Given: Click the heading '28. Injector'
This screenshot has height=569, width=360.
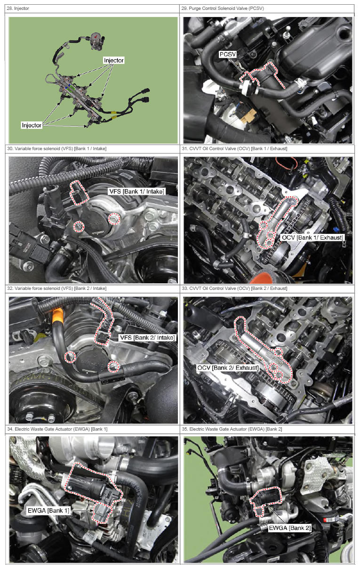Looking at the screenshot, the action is pyautogui.click(x=18, y=8).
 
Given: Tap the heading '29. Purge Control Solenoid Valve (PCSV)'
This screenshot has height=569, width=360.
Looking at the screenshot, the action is pyautogui.click(x=223, y=8).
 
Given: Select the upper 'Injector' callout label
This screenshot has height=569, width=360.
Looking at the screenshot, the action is pyautogui.click(x=113, y=60).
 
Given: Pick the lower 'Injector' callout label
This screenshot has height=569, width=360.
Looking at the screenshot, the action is pyautogui.click(x=32, y=125).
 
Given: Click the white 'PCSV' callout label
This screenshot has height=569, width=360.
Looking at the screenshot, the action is pyautogui.click(x=228, y=55).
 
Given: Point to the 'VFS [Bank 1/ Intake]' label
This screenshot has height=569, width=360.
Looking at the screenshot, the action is pyautogui.click(x=136, y=191).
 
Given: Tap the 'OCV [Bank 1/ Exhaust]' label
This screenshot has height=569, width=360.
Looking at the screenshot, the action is pyautogui.click(x=312, y=238).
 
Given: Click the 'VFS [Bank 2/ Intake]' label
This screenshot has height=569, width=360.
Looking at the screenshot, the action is pyautogui.click(x=147, y=337).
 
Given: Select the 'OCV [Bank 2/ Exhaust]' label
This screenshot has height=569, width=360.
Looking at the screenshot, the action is pyautogui.click(x=228, y=368).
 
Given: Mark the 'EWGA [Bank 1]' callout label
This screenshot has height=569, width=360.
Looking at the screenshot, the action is pyautogui.click(x=48, y=511).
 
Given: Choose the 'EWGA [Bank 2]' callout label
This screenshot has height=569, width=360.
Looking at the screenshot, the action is pyautogui.click(x=289, y=528).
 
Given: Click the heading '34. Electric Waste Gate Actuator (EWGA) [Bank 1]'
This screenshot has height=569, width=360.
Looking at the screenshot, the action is pyautogui.click(x=57, y=429).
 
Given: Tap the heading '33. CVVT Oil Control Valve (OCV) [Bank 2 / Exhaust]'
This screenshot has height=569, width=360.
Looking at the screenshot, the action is pyautogui.click(x=234, y=289).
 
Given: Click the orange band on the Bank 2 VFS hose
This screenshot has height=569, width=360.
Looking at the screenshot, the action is pyautogui.click(x=57, y=316).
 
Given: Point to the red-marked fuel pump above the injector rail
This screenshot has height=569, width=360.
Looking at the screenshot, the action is pyautogui.click(x=97, y=40).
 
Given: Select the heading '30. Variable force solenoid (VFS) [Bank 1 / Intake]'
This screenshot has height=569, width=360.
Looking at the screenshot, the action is pyautogui.click(x=56, y=149).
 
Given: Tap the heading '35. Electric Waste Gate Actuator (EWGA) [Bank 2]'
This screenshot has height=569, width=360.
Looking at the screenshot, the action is pyautogui.click(x=232, y=429).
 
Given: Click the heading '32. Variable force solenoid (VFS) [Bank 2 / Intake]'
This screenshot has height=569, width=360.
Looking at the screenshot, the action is pyautogui.click(x=56, y=289).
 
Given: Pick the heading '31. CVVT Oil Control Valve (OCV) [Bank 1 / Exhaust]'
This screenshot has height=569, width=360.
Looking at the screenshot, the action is pyautogui.click(x=234, y=149).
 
